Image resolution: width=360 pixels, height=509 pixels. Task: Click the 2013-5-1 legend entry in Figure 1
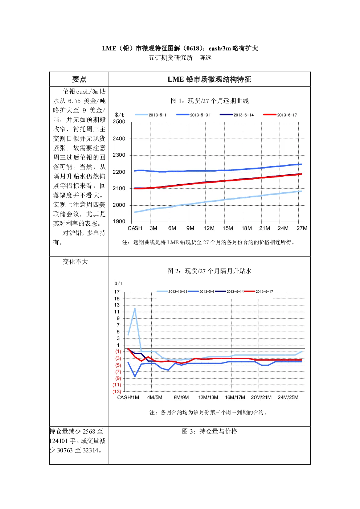coord(151,115)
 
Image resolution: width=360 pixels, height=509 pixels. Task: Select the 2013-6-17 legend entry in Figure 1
coord(280,115)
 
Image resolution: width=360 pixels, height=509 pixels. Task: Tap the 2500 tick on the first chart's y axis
coord(119,122)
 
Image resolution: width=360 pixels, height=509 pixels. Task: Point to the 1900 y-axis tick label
coord(119,221)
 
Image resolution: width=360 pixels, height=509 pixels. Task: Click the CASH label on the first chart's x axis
coord(135,228)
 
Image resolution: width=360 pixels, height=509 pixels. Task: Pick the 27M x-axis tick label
coord(302,228)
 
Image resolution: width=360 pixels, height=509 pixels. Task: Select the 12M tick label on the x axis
coord(209,228)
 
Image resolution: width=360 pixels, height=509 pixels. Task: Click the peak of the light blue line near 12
coord(135,308)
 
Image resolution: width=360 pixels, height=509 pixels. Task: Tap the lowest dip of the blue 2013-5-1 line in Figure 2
coord(135,377)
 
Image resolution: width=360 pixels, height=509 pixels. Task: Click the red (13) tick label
coord(117,391)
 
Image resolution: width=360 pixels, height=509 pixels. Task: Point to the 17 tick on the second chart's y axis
coord(117,292)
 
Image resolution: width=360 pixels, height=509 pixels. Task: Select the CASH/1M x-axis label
coord(128,397)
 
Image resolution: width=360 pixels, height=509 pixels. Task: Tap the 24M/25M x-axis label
coord(288,397)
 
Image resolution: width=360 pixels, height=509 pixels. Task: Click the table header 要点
coord(79,79)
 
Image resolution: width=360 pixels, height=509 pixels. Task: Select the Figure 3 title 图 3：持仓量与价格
coord(209,431)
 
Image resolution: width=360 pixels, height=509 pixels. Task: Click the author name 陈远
coord(205,58)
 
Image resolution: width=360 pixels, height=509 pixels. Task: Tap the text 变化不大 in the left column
coord(75,262)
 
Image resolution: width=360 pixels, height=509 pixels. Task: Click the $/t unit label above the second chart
coord(119,283)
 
